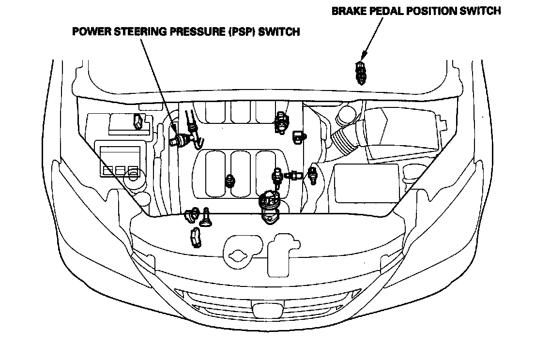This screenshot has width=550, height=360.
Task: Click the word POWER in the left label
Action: coord(90,32)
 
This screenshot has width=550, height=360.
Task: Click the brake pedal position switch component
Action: coord(360,73)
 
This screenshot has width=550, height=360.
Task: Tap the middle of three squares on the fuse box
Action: coord(120,170)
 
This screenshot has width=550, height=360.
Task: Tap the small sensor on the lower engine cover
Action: coord(230,180)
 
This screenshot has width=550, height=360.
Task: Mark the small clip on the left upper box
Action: coord(137,122)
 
